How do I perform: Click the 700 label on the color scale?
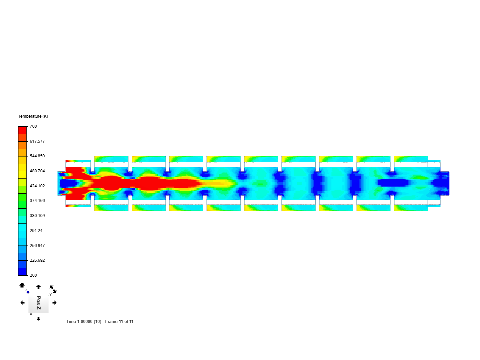pos(33,126)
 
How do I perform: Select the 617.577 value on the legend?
pos(37,141)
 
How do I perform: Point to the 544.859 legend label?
pos(37,156)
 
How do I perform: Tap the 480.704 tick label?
pos(37,171)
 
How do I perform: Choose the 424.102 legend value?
pos(37,186)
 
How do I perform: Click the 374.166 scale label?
pos(37,200)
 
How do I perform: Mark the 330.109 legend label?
pos(37,216)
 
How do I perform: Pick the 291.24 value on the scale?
pos(36,230)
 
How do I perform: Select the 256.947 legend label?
pos(37,245)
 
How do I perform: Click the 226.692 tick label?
pos(37,260)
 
